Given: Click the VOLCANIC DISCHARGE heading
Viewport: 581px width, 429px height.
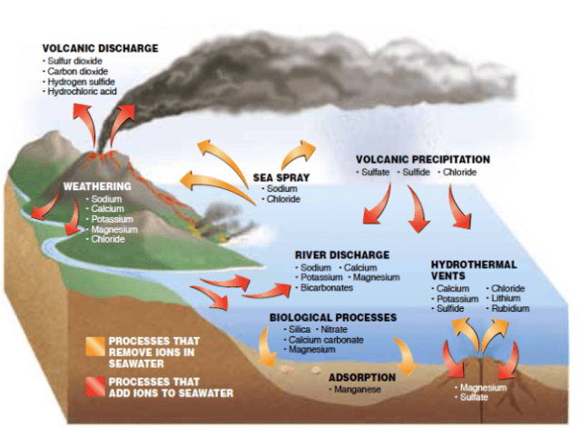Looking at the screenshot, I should pyautogui.click(x=100, y=48).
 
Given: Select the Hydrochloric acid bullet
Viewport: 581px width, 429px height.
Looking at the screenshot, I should pyautogui.click(x=84, y=92).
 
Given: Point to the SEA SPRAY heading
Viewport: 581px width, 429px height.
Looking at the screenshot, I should pyautogui.click(x=284, y=177).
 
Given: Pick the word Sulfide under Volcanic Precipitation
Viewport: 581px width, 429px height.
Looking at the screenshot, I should pyautogui.click(x=417, y=172).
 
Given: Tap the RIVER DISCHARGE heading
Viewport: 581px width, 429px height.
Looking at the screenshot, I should pyautogui.click(x=342, y=254).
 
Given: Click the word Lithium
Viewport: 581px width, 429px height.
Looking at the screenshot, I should pyautogui.click(x=506, y=298).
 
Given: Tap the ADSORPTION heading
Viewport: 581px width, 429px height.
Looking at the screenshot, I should pyautogui.click(x=361, y=376).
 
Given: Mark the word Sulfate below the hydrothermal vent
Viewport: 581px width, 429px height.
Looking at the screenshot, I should pyautogui.click(x=476, y=397).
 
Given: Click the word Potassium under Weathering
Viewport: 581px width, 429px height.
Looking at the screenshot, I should pyautogui.click(x=113, y=219).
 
